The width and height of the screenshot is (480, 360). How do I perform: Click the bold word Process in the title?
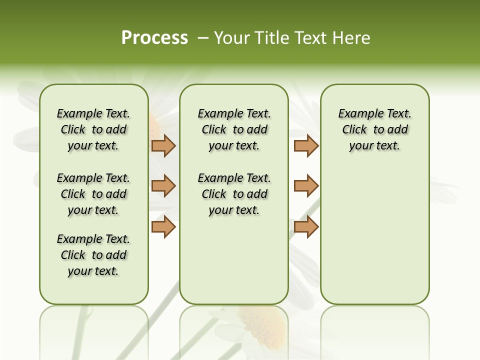154,38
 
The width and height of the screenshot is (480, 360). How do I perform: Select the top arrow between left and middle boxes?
163,145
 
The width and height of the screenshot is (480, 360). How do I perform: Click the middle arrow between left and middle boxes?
163,186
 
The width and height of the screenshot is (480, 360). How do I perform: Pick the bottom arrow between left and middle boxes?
163,226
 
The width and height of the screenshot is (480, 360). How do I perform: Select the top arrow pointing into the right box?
306,145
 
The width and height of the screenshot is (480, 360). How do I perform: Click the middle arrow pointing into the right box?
306,186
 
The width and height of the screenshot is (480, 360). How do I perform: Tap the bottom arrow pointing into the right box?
306,226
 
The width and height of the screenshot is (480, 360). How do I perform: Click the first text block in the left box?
93,129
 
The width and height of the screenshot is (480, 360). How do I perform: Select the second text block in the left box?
93,194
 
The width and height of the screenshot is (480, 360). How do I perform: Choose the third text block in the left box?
93,255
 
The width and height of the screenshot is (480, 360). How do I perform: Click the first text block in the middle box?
234,129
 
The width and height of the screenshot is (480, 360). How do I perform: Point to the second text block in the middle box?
234,194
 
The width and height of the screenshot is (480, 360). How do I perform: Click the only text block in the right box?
374,129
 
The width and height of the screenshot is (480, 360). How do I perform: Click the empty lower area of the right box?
374,230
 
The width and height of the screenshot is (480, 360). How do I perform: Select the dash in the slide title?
202,38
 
